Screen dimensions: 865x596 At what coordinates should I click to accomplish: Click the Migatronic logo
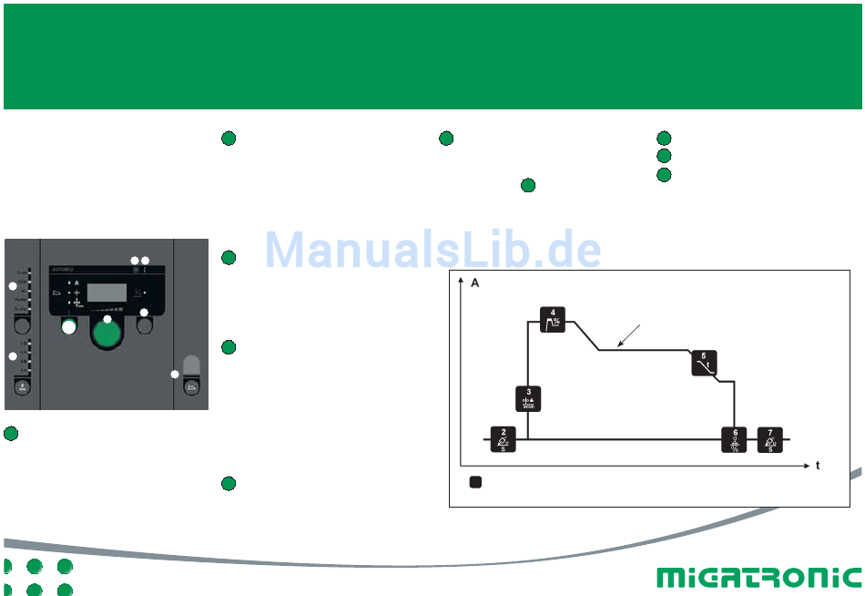coord(758,577)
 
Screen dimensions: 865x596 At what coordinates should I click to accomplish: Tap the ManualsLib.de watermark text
coord(433,248)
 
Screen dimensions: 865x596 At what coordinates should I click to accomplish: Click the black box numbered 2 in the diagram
coord(504,438)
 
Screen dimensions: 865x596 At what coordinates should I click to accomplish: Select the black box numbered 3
coord(529,399)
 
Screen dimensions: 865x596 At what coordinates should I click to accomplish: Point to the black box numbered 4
coord(554,320)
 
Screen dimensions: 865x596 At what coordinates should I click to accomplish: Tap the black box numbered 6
coord(735,438)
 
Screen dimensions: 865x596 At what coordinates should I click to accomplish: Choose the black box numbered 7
coord(770,438)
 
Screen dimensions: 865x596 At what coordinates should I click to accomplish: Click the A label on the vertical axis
coord(474,284)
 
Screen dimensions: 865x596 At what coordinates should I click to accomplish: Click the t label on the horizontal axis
coord(818,465)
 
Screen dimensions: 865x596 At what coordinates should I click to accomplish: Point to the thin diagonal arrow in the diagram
coord(631,335)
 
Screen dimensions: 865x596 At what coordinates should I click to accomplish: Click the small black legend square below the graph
coord(475,481)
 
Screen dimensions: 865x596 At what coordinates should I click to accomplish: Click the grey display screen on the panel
coord(106,293)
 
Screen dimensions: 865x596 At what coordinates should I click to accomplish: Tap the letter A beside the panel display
coord(77,283)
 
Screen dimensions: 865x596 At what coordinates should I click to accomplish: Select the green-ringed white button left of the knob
coord(69,326)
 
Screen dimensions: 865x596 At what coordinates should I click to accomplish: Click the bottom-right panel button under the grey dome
coord(191,386)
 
